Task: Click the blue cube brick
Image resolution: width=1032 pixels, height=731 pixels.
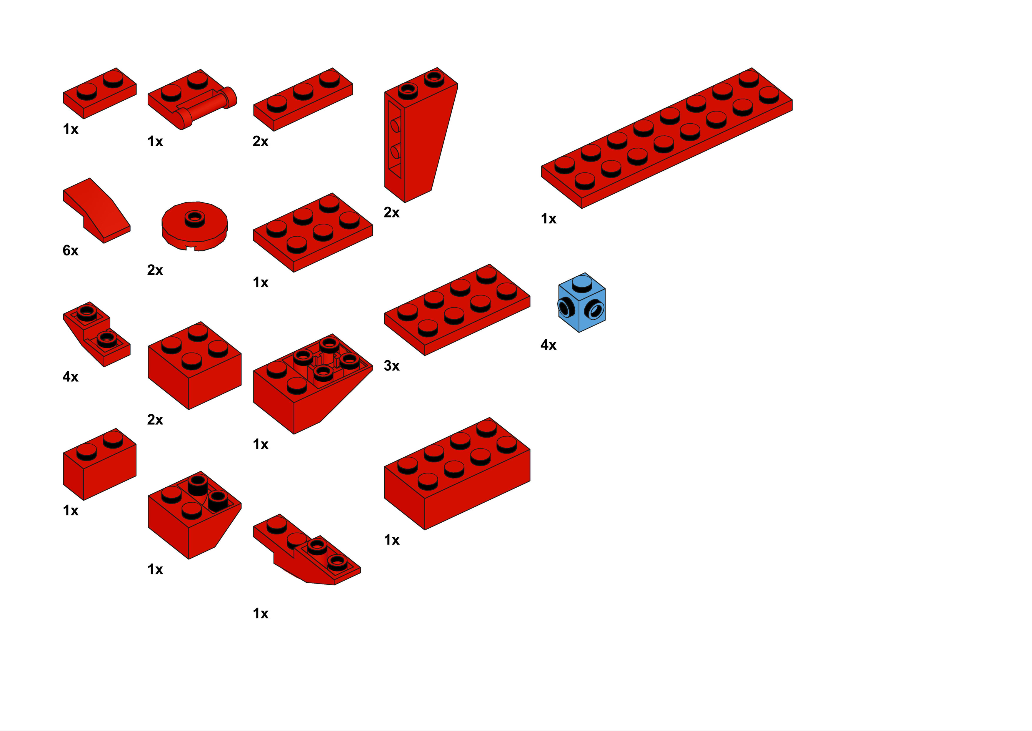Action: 582,303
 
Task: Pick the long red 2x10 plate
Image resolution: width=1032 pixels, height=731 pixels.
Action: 666,138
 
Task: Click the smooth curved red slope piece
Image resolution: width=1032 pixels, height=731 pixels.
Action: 97,210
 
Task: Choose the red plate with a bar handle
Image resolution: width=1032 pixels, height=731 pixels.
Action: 192,99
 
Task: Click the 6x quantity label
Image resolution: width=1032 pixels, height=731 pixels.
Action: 71,250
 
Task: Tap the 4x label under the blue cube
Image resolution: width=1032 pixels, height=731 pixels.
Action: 548,345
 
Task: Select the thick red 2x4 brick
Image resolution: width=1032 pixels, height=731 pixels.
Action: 457,474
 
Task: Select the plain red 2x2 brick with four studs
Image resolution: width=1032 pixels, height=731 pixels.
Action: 194,365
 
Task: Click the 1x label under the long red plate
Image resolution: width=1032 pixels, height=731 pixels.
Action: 548,219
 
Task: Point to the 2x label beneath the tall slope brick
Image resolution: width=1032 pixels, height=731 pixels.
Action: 391,212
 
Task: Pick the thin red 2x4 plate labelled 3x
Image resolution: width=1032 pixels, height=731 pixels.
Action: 457,310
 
